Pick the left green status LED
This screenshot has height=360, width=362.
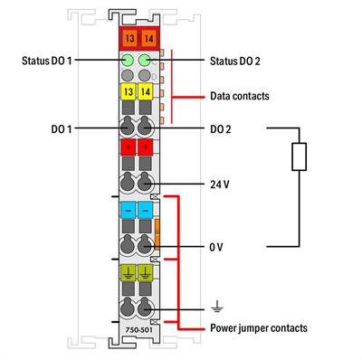click(x=127, y=61)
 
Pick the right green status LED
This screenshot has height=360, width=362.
click(x=144, y=61)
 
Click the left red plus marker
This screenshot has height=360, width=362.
click(x=127, y=148)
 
